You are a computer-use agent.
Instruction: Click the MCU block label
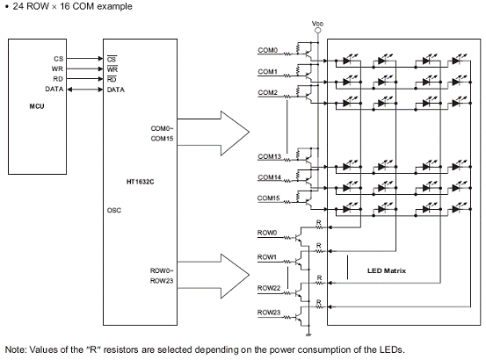tap(37, 106)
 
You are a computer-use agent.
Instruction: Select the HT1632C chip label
tap(140, 182)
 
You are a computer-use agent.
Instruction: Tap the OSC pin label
tap(114, 210)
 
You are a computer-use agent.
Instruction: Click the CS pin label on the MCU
tap(58, 59)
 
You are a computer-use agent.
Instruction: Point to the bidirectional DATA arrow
tap(85, 90)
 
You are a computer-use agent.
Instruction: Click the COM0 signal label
tap(268, 50)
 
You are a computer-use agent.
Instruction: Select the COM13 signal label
tap(269, 156)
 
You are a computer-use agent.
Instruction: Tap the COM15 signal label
tap(268, 198)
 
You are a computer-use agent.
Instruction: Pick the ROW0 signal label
tap(267, 233)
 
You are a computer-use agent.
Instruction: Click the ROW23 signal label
tap(269, 313)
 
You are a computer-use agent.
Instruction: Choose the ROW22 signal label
tap(269, 288)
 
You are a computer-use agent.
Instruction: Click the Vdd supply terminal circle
tap(317, 31)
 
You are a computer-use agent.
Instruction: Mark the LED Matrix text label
tap(387, 270)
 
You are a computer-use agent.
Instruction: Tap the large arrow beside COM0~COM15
tap(214, 133)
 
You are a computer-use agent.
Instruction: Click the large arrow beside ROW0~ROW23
tap(214, 275)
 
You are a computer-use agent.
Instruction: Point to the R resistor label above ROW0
tap(318, 222)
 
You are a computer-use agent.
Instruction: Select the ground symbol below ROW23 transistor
tap(308, 335)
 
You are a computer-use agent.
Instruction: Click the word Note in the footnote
tap(16, 349)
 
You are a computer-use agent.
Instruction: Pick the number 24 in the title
tap(18, 6)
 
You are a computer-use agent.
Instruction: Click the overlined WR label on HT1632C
tap(112, 69)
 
